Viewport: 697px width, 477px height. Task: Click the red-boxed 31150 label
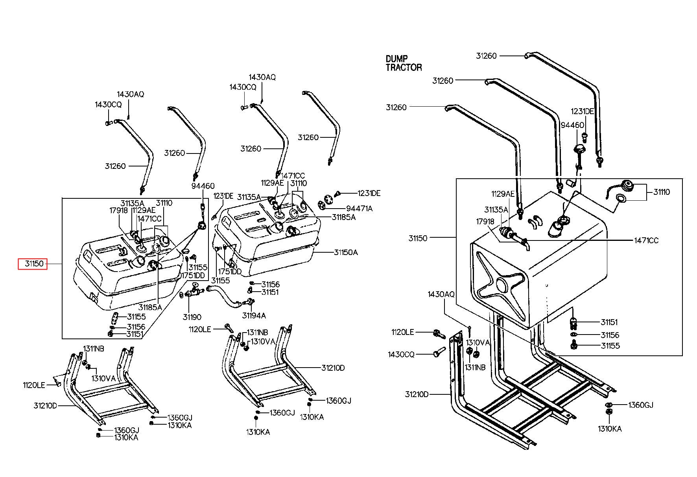coord(33,264)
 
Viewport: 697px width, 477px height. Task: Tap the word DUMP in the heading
coord(397,59)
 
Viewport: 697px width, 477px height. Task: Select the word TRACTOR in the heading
coord(404,68)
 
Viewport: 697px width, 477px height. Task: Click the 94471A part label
coord(359,209)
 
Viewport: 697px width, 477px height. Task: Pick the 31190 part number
coord(192,317)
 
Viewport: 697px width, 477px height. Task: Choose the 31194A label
coord(254,316)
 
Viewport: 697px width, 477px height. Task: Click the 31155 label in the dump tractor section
coord(610,346)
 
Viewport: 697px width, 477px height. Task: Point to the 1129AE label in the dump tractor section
coord(503,194)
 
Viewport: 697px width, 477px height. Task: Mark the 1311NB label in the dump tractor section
coord(476,367)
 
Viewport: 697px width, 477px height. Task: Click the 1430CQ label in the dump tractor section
coord(401,355)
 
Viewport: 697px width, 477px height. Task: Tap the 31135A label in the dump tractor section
coord(496,210)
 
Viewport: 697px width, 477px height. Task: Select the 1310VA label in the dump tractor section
coord(478,343)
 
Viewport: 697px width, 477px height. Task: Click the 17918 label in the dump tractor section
coord(485,222)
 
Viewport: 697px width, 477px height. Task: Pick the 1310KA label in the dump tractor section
coord(610,429)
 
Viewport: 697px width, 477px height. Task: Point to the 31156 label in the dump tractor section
coord(610,335)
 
